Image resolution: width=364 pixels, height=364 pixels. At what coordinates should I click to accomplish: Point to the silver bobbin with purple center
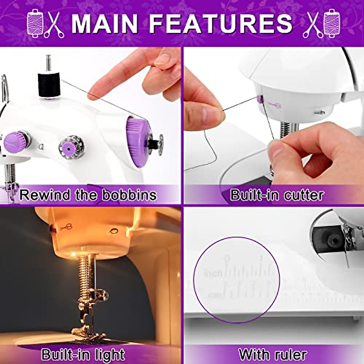tap(69, 147)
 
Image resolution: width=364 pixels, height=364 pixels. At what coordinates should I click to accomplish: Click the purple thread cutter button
tap(260, 99)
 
